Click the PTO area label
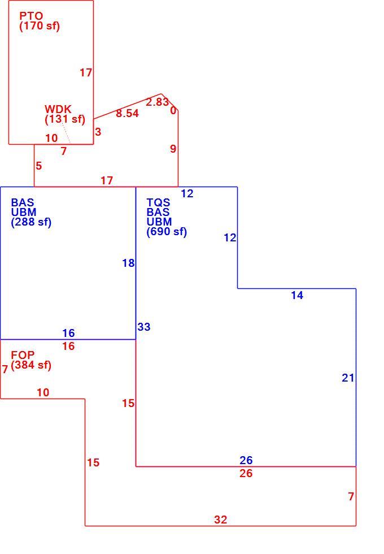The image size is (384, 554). (x=31, y=16)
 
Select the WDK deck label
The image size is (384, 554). (x=58, y=109)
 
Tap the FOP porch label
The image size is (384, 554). (x=23, y=355)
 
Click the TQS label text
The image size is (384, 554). (x=159, y=202)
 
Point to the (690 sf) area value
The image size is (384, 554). (x=167, y=232)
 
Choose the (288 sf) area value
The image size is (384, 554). (x=31, y=222)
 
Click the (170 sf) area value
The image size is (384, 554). (x=40, y=26)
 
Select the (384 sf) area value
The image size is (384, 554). (x=31, y=365)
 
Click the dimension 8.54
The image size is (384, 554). (x=128, y=114)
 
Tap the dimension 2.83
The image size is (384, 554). (x=158, y=102)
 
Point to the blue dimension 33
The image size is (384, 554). (x=144, y=327)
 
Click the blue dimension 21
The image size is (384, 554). (x=348, y=378)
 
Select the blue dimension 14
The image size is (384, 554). (x=297, y=295)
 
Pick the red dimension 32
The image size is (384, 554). (x=221, y=520)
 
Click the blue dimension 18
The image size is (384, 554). (x=129, y=263)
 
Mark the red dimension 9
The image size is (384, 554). (x=173, y=149)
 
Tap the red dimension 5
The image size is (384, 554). (x=39, y=166)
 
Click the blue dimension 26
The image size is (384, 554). (x=246, y=460)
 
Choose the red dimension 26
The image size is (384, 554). (x=246, y=474)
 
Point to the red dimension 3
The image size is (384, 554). (x=98, y=132)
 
